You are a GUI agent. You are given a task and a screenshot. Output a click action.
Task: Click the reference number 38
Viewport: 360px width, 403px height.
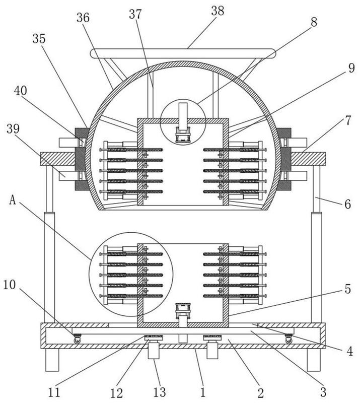218,11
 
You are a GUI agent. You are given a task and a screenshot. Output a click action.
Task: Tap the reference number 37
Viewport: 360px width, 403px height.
135,15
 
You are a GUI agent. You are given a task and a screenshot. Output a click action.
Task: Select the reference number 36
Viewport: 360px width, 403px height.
83,18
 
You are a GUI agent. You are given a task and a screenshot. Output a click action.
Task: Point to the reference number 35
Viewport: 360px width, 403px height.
39,39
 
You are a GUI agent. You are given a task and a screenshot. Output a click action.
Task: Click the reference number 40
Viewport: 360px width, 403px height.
21,91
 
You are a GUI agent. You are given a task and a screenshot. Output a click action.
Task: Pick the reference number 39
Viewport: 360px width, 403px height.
13,128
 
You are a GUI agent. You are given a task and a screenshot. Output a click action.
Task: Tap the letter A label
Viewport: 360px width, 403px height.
12,200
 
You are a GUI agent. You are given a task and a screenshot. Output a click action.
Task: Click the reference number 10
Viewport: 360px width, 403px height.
10,285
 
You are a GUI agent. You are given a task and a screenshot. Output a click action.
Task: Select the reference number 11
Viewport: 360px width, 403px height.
54,392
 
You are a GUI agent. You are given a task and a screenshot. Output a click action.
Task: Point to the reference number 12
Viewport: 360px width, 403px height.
116,393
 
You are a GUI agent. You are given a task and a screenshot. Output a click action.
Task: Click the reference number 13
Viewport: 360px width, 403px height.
160,392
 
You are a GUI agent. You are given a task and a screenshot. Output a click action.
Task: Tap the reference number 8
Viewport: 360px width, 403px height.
314,22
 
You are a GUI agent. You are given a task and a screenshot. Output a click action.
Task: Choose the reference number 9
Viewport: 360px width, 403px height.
351,68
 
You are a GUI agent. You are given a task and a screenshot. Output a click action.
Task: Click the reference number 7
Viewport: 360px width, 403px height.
348,120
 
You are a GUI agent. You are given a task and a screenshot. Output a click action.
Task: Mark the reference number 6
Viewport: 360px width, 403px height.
348,205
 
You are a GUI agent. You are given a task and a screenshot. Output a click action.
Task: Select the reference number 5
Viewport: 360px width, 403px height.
348,289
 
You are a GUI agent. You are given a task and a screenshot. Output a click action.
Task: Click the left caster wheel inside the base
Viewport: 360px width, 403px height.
77,339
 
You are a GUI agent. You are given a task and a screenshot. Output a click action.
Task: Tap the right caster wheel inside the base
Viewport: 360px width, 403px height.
289,339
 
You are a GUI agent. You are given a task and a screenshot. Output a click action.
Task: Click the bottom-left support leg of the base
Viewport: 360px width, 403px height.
52,360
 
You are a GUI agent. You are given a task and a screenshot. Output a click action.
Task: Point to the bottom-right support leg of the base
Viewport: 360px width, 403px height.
314,360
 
